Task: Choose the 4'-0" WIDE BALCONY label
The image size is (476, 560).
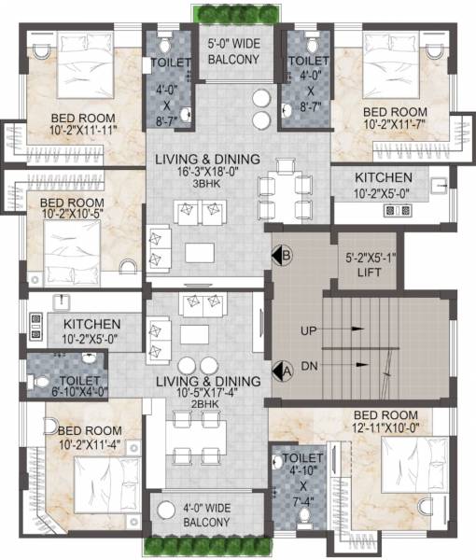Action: [x=199, y=515]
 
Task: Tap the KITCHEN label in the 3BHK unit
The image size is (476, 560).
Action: [x=383, y=185]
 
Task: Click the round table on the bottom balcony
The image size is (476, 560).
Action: [x=167, y=511]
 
